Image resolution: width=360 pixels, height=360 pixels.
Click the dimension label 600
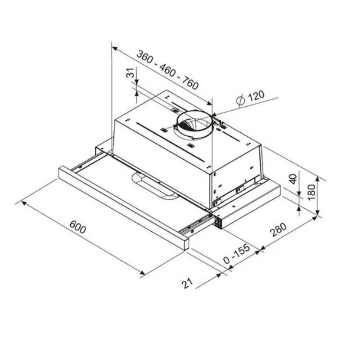78,228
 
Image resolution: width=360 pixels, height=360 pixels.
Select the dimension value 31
130,73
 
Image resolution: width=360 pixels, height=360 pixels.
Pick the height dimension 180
310,194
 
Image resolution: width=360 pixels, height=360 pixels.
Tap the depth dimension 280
279,229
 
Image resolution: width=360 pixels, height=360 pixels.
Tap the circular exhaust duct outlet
193,124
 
